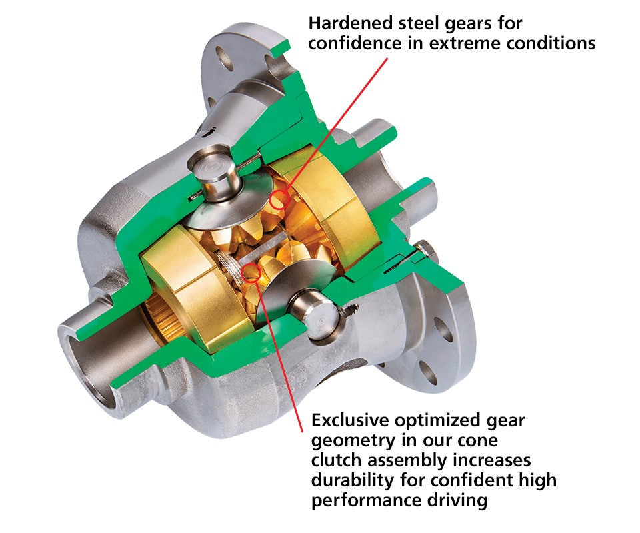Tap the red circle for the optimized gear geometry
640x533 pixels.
[251, 271]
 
